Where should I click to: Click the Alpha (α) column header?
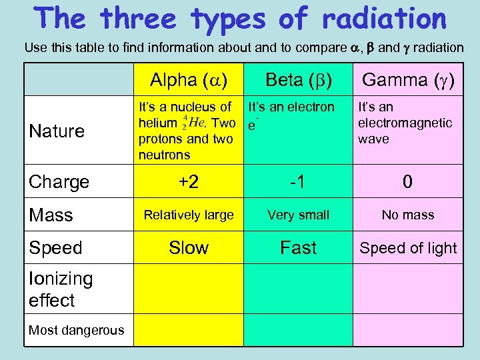[x=189, y=81]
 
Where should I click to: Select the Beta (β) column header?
[x=298, y=81]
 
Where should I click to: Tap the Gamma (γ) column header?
[x=407, y=81]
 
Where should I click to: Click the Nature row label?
[x=57, y=131]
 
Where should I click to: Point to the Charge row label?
[x=59, y=182]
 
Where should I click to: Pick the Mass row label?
[x=51, y=215]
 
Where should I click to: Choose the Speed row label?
[x=55, y=248]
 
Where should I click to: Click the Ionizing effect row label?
[x=61, y=289]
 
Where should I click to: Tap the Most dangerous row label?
[x=76, y=330]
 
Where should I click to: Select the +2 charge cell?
[x=189, y=182]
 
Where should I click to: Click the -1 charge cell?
[x=298, y=182]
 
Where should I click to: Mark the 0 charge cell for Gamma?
[x=407, y=182]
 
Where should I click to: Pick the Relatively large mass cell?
[x=189, y=215]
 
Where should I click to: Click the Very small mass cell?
[x=298, y=215]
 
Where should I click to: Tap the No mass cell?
[x=407, y=215]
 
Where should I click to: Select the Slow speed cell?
[x=189, y=248]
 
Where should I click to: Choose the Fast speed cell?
[x=298, y=248]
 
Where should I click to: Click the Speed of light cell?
[x=408, y=248]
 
